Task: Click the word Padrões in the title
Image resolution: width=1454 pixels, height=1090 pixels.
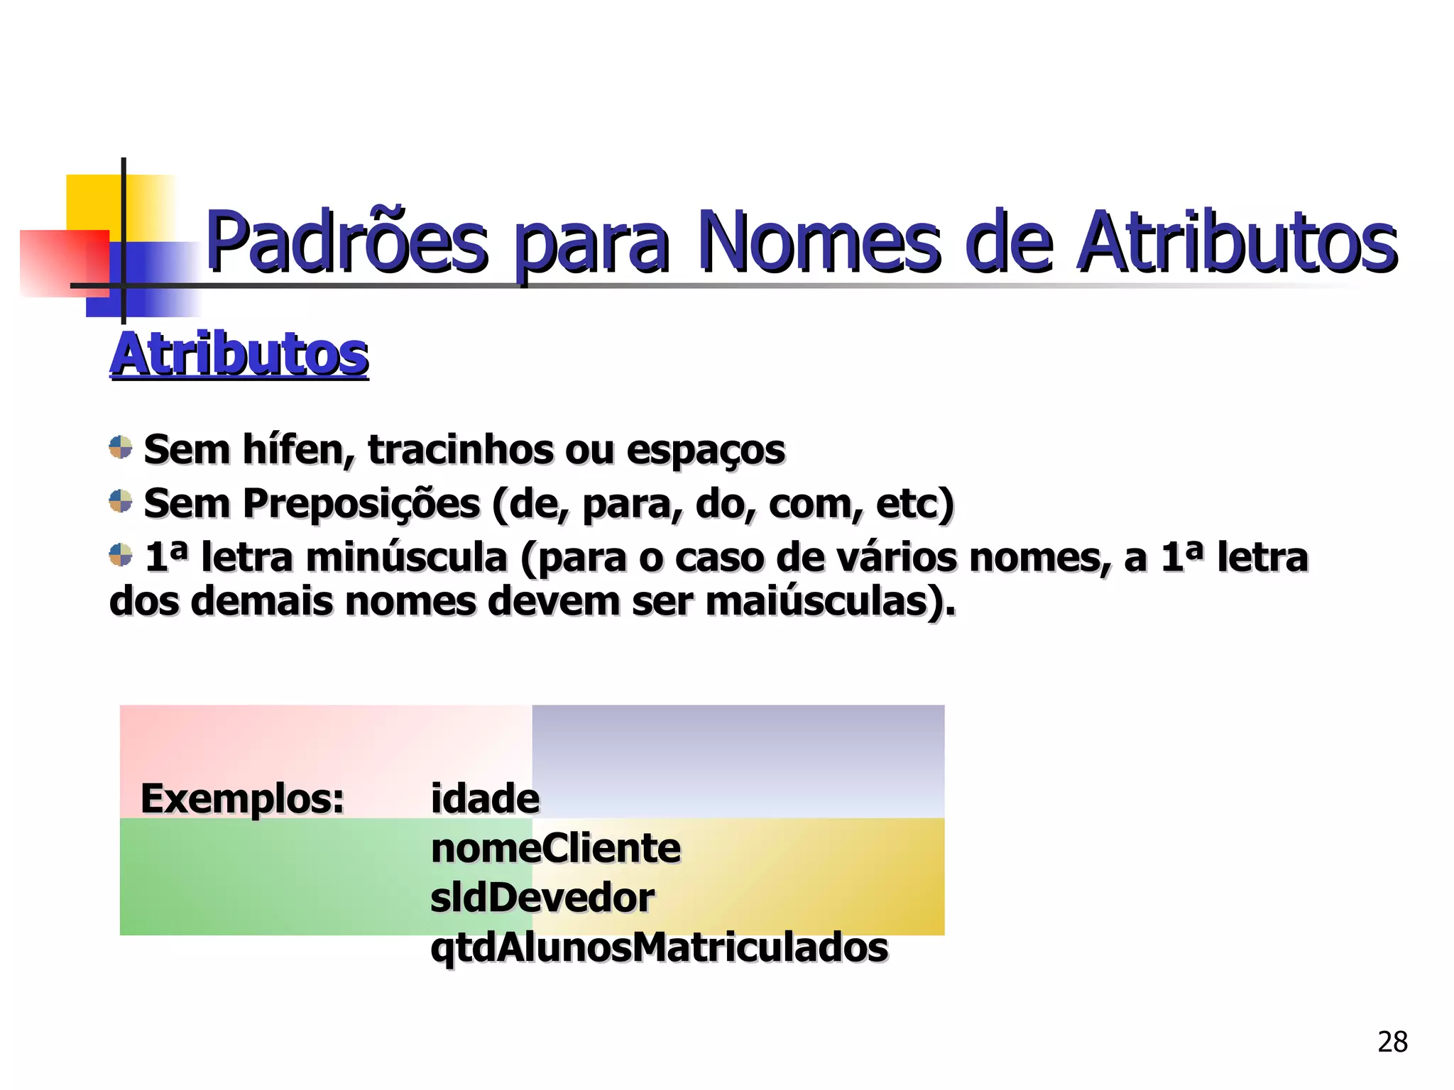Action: click(346, 243)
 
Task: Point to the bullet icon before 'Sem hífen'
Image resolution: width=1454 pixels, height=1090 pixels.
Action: click(121, 447)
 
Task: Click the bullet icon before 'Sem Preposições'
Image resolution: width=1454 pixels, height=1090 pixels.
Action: click(121, 501)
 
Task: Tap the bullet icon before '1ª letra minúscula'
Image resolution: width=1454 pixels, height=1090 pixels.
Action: click(121, 555)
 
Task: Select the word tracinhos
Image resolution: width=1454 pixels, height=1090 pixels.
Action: click(460, 450)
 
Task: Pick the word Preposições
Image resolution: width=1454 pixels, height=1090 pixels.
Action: click(361, 504)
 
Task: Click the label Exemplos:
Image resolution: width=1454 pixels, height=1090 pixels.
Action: click(242, 798)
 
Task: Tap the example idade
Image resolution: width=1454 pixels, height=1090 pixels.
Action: click(485, 798)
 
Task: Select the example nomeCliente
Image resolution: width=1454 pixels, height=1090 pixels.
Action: click(555, 848)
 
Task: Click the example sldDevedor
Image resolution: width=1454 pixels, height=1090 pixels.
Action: click(542, 898)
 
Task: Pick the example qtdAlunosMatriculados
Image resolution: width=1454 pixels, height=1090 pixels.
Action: click(659, 947)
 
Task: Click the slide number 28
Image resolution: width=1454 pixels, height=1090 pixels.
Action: click(1392, 1042)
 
